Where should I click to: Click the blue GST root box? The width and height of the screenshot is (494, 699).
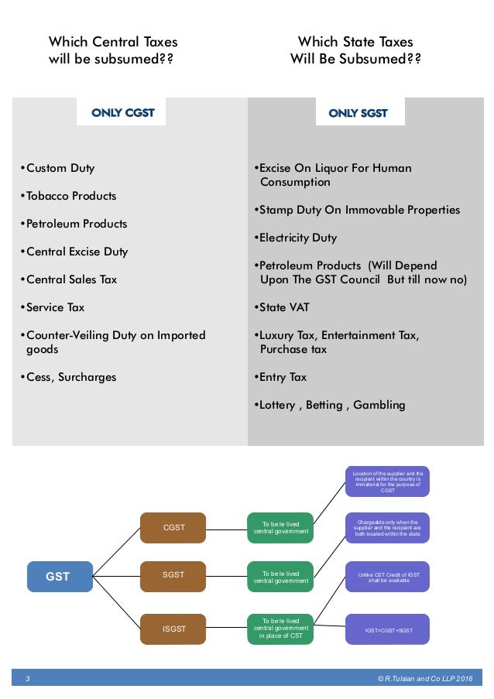point(59,577)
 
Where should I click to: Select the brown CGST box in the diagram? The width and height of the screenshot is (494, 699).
point(173,528)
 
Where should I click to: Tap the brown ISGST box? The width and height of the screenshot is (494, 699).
point(173,629)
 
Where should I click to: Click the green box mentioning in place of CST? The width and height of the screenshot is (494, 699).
point(280,628)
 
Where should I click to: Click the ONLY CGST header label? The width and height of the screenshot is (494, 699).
point(123,113)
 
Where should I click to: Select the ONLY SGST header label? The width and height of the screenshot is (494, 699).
point(358,113)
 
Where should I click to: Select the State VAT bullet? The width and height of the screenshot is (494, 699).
point(282,307)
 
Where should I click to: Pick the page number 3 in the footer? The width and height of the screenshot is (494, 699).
point(28,679)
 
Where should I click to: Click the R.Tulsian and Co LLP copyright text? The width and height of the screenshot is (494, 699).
point(424,679)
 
